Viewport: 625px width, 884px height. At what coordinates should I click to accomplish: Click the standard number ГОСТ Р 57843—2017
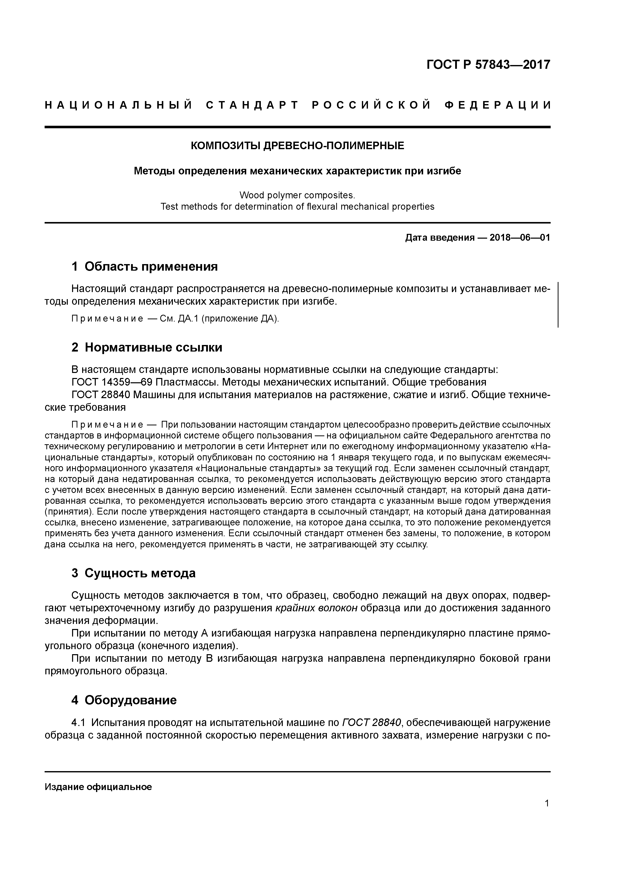(488, 65)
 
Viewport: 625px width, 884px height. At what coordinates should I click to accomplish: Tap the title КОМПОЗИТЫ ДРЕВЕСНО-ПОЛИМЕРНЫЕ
(298, 146)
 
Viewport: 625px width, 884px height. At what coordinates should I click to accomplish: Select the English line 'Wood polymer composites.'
(297, 195)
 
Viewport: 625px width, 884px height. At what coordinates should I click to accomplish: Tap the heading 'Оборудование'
(131, 700)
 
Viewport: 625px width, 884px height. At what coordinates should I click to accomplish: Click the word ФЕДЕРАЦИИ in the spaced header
(497, 105)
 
